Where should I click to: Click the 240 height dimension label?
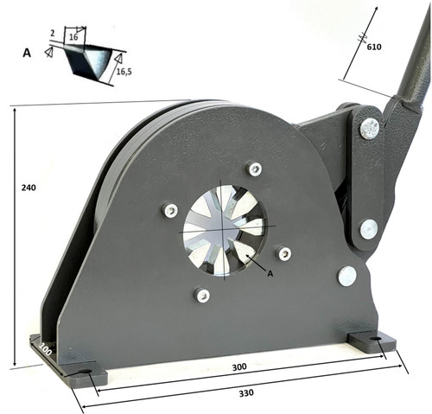29,188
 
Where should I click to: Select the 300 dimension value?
239,366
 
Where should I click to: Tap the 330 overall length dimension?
246,392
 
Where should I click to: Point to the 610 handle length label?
374,47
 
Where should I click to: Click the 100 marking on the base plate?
46,348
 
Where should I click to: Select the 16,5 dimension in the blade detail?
124,72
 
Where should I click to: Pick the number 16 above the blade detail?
73,37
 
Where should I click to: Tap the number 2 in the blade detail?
52,34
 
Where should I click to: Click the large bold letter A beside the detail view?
27,53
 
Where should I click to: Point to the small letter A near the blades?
270,273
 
